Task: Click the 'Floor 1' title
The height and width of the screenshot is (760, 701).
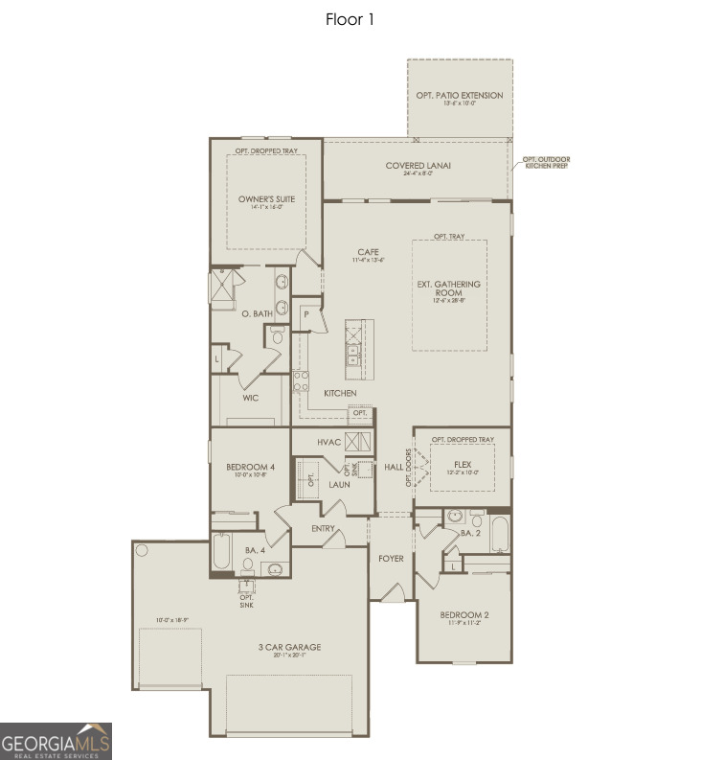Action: pos(350,19)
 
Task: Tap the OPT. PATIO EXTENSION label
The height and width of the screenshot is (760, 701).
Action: pos(460,96)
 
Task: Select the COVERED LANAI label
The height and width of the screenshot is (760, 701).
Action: pos(418,166)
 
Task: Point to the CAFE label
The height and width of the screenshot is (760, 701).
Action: pos(369,253)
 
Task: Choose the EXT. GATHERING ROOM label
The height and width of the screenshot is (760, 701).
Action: pos(449,285)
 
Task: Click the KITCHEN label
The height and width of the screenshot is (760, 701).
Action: pos(340,393)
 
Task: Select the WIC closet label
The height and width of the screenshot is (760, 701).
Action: pos(251,398)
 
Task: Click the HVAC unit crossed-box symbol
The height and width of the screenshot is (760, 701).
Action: pos(358,441)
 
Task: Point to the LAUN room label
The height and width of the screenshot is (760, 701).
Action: pos(338,485)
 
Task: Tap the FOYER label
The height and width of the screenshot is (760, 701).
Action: pos(391,558)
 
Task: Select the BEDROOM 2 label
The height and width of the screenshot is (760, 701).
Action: pos(464,614)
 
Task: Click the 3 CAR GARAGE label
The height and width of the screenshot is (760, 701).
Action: pos(289,647)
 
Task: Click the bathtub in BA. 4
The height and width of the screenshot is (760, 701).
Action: pos(221,554)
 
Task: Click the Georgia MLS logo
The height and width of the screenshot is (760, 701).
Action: pos(56,741)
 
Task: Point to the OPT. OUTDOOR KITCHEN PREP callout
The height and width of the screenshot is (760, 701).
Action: pos(543,162)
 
